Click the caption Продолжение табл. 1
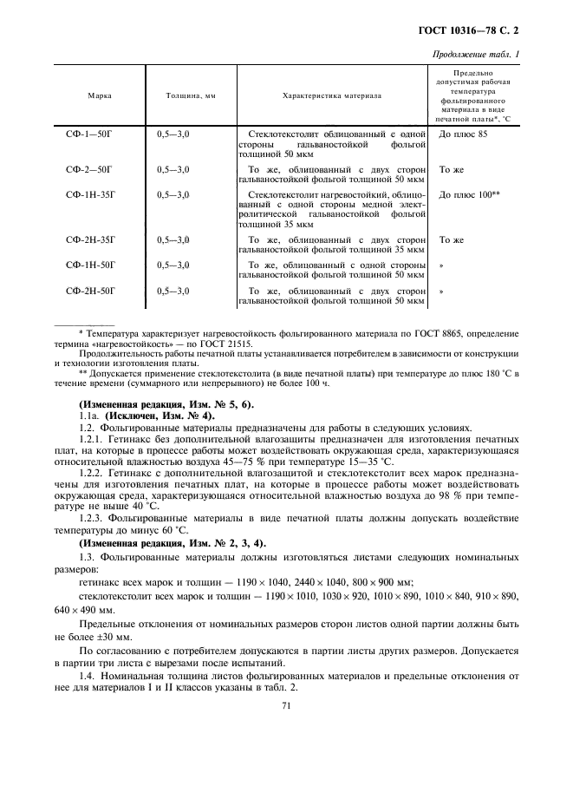[x=481, y=56]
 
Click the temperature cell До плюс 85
[x=464, y=135]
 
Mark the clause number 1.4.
[x=85, y=674]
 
